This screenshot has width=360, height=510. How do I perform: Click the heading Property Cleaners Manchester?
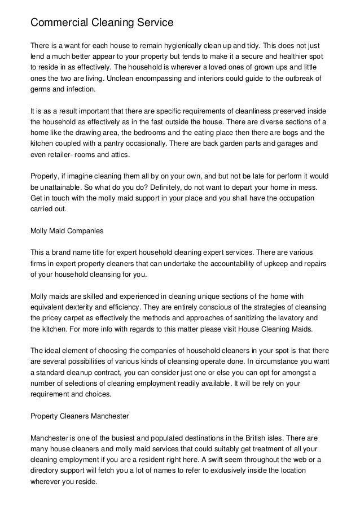pyautogui.click(x=79, y=416)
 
